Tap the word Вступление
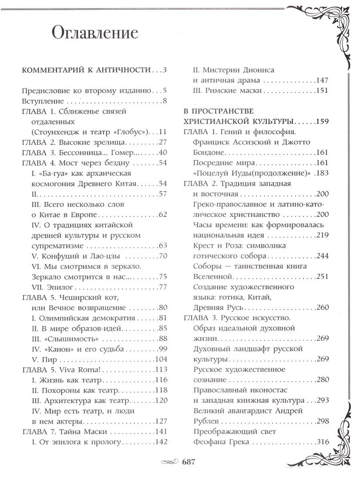43,101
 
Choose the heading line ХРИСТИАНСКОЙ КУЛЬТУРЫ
239,121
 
